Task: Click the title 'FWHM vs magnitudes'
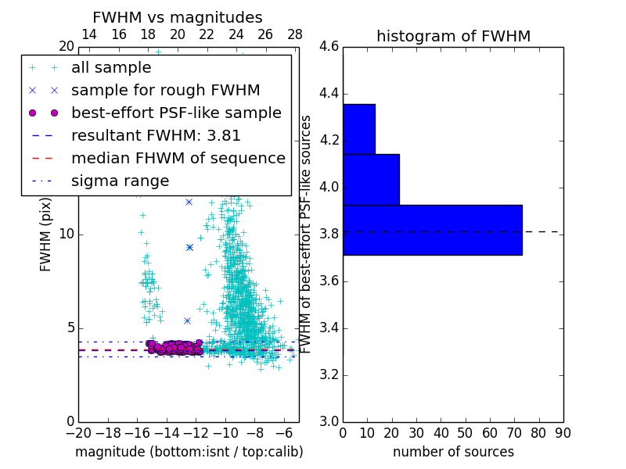(177, 17)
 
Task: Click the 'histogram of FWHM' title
(453, 36)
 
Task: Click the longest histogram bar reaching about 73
(432, 230)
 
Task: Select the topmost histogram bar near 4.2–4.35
(358, 129)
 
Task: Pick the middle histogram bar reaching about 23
(371, 180)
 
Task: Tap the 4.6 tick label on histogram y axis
(329, 47)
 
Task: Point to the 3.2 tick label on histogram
(329, 374)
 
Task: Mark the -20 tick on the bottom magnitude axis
(78, 432)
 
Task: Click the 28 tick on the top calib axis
(295, 35)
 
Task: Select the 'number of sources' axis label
(453, 452)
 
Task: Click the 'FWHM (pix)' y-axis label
(46, 234)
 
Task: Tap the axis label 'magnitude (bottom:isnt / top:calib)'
(189, 452)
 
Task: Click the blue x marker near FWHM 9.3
(189, 247)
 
